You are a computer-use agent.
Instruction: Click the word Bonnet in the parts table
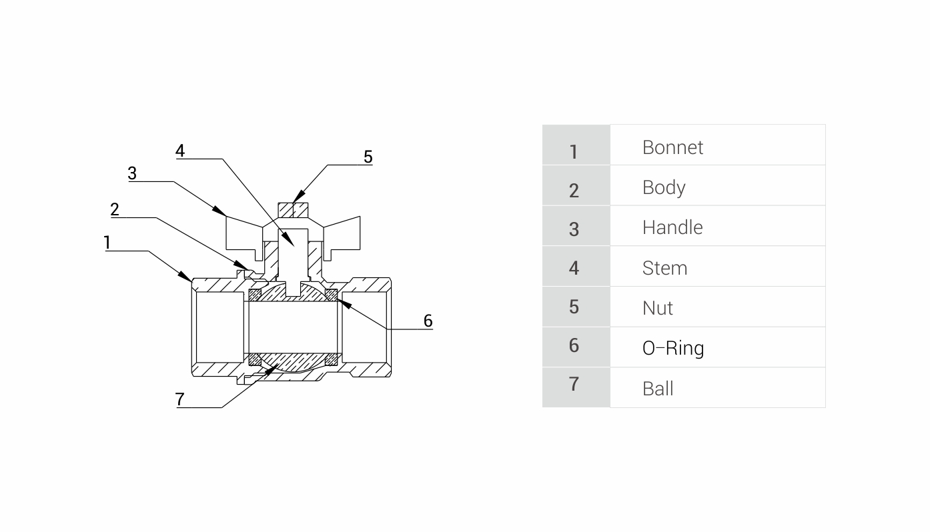[672, 147]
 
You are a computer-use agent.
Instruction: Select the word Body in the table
[664, 187]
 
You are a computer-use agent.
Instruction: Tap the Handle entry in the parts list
[672, 227]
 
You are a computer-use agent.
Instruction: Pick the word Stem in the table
[664, 268]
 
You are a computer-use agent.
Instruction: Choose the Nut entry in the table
[658, 308]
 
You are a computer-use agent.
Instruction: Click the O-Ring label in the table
[673, 348]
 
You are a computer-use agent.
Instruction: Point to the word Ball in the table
[658, 389]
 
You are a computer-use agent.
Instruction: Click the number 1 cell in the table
[574, 151]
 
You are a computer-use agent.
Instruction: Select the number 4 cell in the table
[574, 268]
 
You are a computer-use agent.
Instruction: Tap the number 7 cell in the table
[574, 385]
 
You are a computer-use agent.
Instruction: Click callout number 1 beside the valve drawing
[107, 243]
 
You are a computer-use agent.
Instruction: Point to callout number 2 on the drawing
[115, 210]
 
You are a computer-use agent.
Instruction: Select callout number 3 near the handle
[132, 173]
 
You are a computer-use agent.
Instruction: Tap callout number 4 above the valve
[180, 151]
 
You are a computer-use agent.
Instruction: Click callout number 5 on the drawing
[368, 157]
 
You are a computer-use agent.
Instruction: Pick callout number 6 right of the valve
[428, 321]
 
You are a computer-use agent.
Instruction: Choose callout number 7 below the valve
[180, 399]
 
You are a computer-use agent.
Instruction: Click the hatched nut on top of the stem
[293, 209]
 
